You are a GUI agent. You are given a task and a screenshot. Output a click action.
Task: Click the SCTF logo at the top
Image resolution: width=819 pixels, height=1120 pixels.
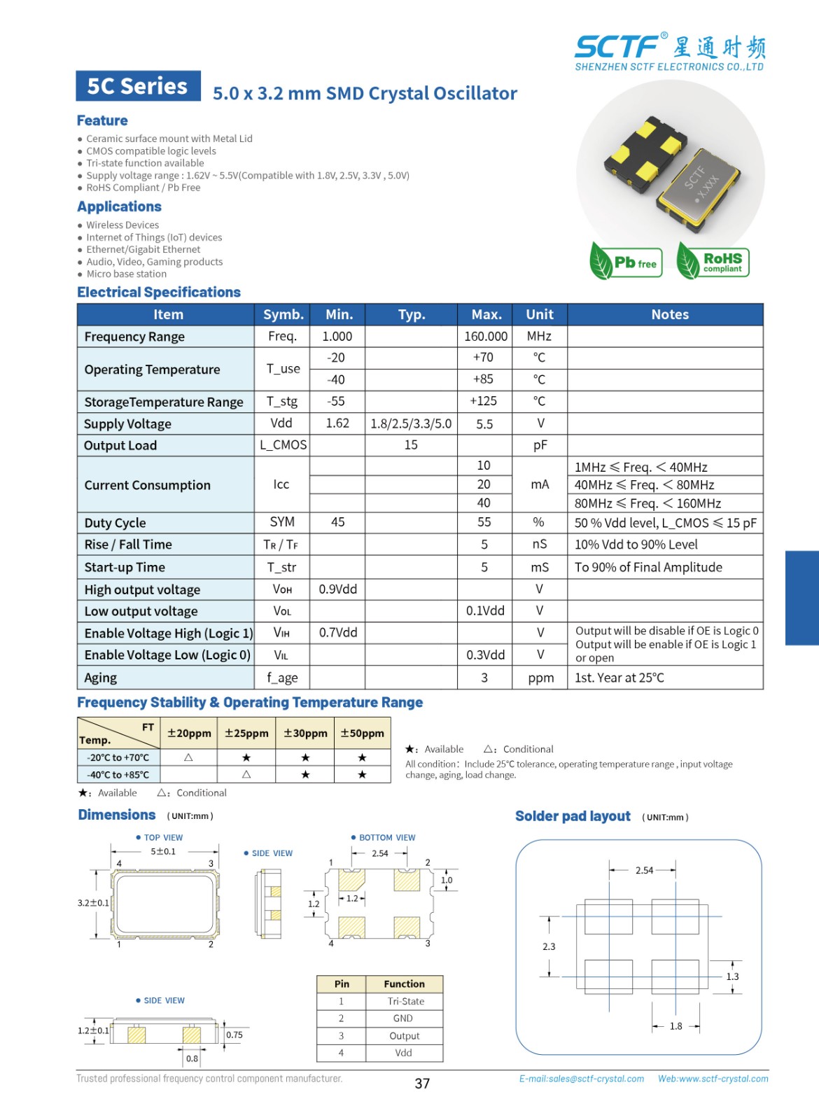pos(669,51)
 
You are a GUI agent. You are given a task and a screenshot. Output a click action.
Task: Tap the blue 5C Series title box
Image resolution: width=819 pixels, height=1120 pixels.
pos(138,86)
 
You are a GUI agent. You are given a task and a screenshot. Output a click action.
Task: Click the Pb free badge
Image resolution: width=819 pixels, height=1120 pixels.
pos(626,262)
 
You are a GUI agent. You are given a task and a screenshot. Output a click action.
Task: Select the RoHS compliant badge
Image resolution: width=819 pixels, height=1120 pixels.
pos(713,262)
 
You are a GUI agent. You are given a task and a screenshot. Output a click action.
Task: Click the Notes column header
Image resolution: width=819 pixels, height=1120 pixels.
pos(669,314)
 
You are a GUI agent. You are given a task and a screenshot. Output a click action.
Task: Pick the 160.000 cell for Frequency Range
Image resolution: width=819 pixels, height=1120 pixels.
pos(485,337)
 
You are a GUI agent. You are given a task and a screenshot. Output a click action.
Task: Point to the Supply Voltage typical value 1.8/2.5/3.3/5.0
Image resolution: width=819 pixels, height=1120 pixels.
pos(411,423)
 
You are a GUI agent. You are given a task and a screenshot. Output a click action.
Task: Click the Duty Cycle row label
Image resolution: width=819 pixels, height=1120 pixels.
pos(115,523)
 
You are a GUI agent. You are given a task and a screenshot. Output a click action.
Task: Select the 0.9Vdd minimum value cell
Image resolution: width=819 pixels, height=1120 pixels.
pos(337,589)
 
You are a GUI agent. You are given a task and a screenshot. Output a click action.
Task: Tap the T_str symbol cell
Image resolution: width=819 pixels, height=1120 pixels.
pos(281,568)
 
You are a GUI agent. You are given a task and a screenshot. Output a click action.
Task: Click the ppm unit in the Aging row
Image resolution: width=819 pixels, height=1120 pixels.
pos(540,678)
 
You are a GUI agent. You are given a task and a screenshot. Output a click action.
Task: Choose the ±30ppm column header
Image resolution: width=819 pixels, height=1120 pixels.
pos(305,733)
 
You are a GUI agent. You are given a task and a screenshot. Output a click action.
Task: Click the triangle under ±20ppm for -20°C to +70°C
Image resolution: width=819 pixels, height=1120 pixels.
pos(188,757)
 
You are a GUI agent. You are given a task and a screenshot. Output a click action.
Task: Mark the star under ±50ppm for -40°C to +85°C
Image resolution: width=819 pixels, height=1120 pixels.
pos(362,775)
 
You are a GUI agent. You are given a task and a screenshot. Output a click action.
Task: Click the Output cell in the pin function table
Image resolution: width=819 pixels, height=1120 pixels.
pos(404,1036)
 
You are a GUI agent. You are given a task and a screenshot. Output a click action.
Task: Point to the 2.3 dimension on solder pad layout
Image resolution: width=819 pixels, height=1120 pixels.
pos(549,946)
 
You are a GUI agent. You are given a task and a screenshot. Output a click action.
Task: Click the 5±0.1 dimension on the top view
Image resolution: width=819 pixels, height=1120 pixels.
pos(163,852)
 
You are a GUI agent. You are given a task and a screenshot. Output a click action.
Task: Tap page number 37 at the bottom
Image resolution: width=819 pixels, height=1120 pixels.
pos(422,1084)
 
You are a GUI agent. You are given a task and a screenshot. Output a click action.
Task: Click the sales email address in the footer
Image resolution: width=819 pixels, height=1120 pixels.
pos(581,1079)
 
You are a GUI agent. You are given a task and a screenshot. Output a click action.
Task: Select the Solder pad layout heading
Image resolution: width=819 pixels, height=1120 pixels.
pos(573,816)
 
